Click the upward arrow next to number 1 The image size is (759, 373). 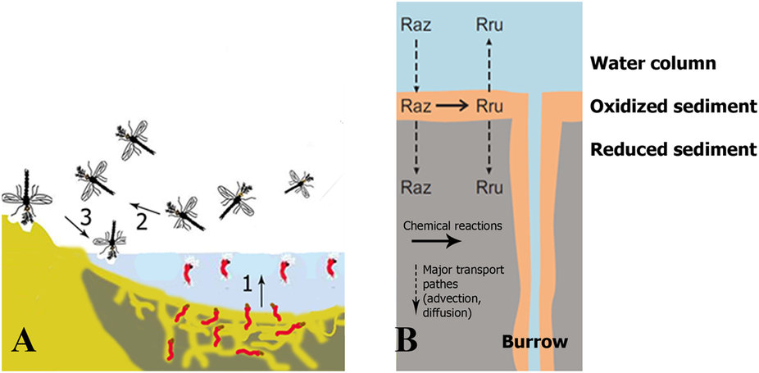pos(263,291)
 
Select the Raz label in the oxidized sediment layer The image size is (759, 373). pos(417,106)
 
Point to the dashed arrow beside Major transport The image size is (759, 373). pos(416,290)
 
